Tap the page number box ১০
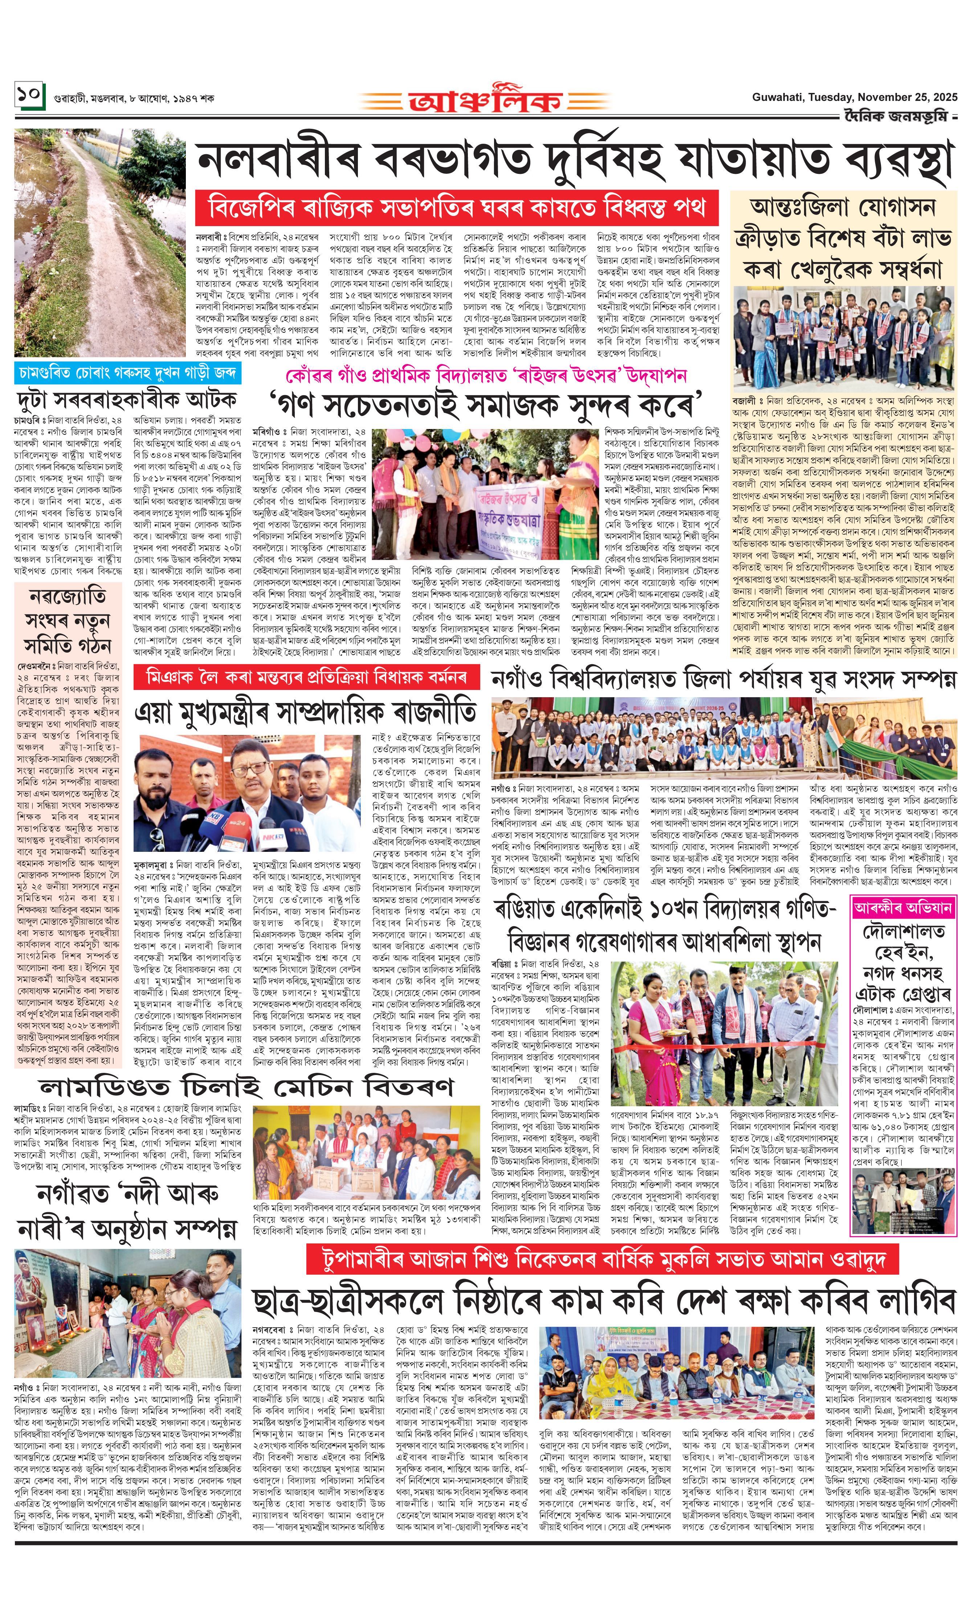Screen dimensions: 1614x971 [29, 95]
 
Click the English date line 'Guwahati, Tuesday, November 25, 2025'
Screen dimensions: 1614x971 [854, 97]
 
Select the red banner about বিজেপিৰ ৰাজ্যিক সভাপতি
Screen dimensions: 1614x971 [456, 208]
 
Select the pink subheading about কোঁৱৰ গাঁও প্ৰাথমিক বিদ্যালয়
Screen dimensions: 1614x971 [486, 375]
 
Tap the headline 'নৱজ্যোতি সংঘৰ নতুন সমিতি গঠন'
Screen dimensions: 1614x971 [68, 620]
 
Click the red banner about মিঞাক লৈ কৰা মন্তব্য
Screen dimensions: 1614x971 [306, 677]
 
